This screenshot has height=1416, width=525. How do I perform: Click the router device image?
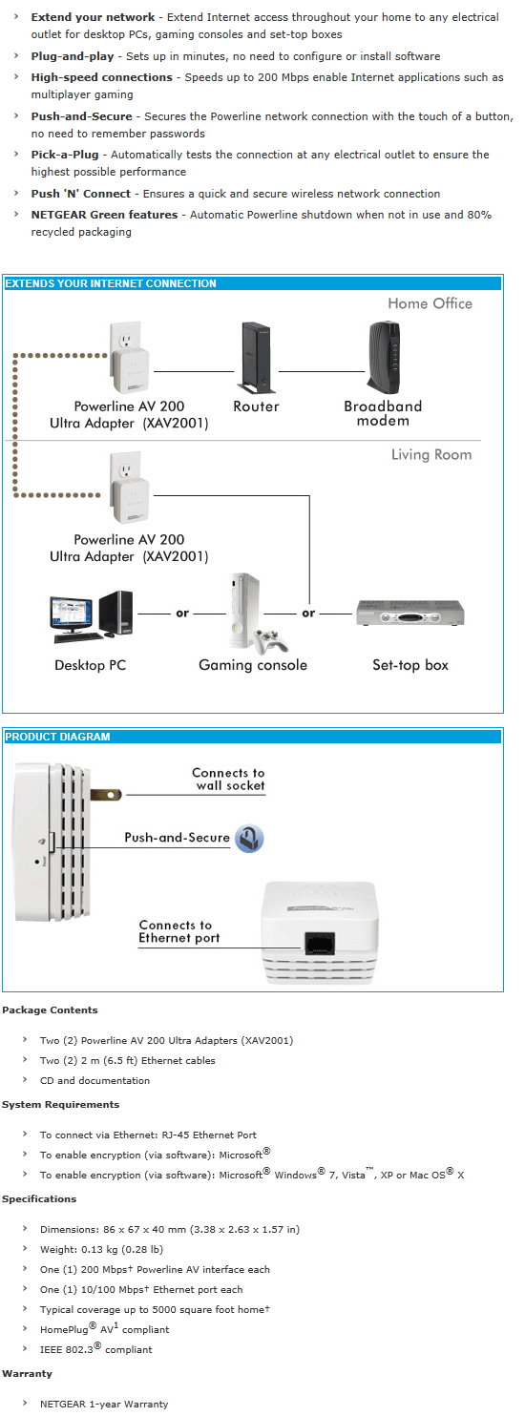coord(256,357)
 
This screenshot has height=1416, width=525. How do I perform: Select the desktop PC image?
coord(92,616)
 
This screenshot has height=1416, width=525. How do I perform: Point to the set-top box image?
coord(409,614)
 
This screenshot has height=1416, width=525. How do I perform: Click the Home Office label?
coord(430,303)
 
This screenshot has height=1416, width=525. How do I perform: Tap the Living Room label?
coord(431,454)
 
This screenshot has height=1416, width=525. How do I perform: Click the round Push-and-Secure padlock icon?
coord(249,839)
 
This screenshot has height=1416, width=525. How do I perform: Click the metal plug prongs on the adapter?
coord(105,793)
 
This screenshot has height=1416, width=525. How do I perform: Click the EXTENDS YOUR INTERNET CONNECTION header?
coord(111,283)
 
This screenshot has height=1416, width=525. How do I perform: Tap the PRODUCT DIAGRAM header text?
coord(57,737)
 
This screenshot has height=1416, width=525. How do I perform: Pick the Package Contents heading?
coord(50,1010)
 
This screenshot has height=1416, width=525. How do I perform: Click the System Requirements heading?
coord(60,1104)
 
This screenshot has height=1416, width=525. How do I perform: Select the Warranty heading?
coord(27,1373)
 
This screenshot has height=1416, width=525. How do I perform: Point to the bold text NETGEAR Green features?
coord(104,215)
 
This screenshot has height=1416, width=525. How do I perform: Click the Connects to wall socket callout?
coord(229,780)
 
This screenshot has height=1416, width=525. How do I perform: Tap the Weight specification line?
coord(101,1249)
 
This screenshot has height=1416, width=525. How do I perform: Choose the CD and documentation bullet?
coord(94,1080)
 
